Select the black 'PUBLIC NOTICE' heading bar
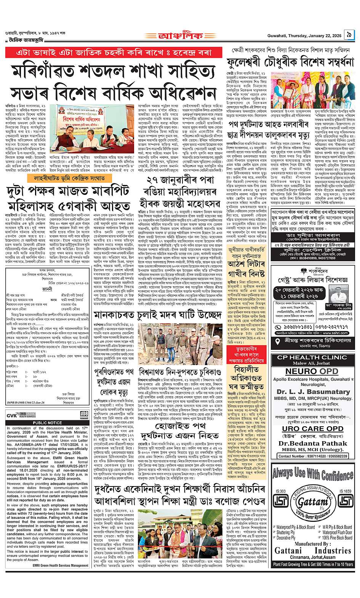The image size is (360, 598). click(x=47, y=423)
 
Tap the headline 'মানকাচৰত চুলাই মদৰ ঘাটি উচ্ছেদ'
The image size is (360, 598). click(x=163, y=315)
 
